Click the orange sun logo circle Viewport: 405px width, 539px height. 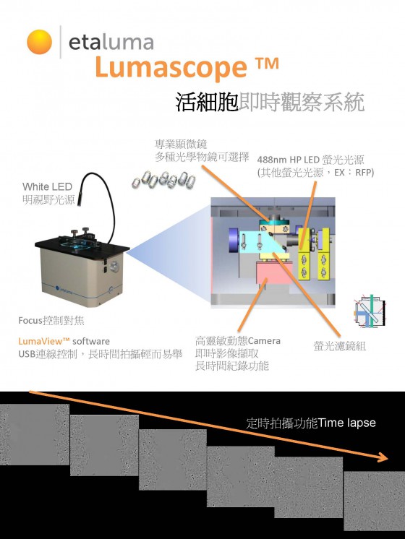[40, 42]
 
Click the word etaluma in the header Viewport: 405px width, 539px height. [111, 42]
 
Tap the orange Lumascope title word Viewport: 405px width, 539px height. [171, 67]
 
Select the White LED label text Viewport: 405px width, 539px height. [47, 186]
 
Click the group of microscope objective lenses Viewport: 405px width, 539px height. [163, 180]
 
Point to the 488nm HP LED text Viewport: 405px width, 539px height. [289, 160]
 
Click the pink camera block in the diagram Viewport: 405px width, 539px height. [274, 272]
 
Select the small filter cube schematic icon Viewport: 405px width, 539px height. [370, 312]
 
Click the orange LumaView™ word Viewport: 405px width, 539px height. [44, 341]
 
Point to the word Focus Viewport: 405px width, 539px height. [30, 321]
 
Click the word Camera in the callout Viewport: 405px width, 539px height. [264, 341]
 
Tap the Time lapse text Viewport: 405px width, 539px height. [347, 423]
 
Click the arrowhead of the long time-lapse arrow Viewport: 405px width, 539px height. [383, 457]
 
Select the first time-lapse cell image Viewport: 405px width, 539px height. [35, 434]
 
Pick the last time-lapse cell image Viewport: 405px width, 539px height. [375, 501]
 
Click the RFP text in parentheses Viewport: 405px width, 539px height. [363, 173]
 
